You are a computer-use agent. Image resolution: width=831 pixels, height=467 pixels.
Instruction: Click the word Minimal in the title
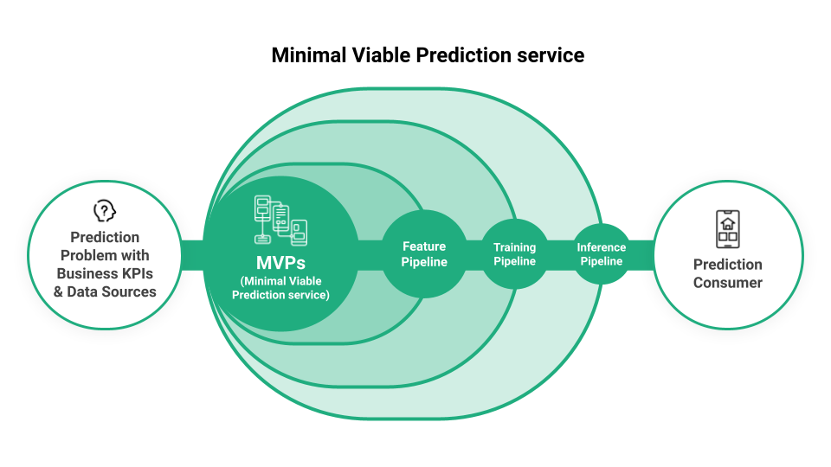(x=307, y=55)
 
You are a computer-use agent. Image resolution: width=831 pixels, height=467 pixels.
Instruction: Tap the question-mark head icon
(x=105, y=211)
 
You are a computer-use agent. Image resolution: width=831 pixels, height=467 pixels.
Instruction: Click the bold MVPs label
(x=280, y=262)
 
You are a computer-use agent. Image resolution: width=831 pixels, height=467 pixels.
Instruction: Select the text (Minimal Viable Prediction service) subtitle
(x=280, y=288)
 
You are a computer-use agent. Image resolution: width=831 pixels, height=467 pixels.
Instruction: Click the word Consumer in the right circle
(x=727, y=283)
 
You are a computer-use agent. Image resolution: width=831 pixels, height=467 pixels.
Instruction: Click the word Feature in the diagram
(x=424, y=246)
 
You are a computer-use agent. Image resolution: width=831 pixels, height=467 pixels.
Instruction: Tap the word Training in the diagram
(x=514, y=248)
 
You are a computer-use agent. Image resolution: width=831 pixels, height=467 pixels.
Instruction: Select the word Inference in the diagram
(x=601, y=247)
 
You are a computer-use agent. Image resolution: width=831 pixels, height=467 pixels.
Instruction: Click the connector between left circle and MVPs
(x=191, y=254)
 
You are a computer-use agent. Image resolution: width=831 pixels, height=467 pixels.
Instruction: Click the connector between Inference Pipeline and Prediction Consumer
(x=641, y=254)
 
